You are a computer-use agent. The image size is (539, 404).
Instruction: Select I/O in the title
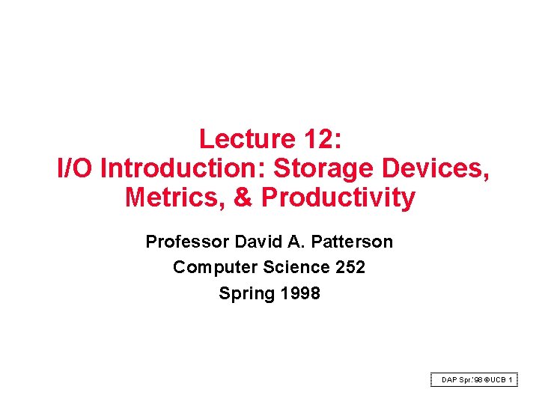point(76,168)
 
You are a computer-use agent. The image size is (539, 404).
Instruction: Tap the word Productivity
point(338,198)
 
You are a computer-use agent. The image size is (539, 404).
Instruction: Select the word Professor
point(187,242)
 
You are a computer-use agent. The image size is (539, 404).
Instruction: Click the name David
point(260,242)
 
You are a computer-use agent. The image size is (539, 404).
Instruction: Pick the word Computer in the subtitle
point(209,267)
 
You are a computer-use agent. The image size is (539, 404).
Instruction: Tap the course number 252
point(350,267)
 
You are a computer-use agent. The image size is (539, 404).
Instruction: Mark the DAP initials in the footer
point(450,380)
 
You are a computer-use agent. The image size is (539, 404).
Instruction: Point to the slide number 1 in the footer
point(511,380)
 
